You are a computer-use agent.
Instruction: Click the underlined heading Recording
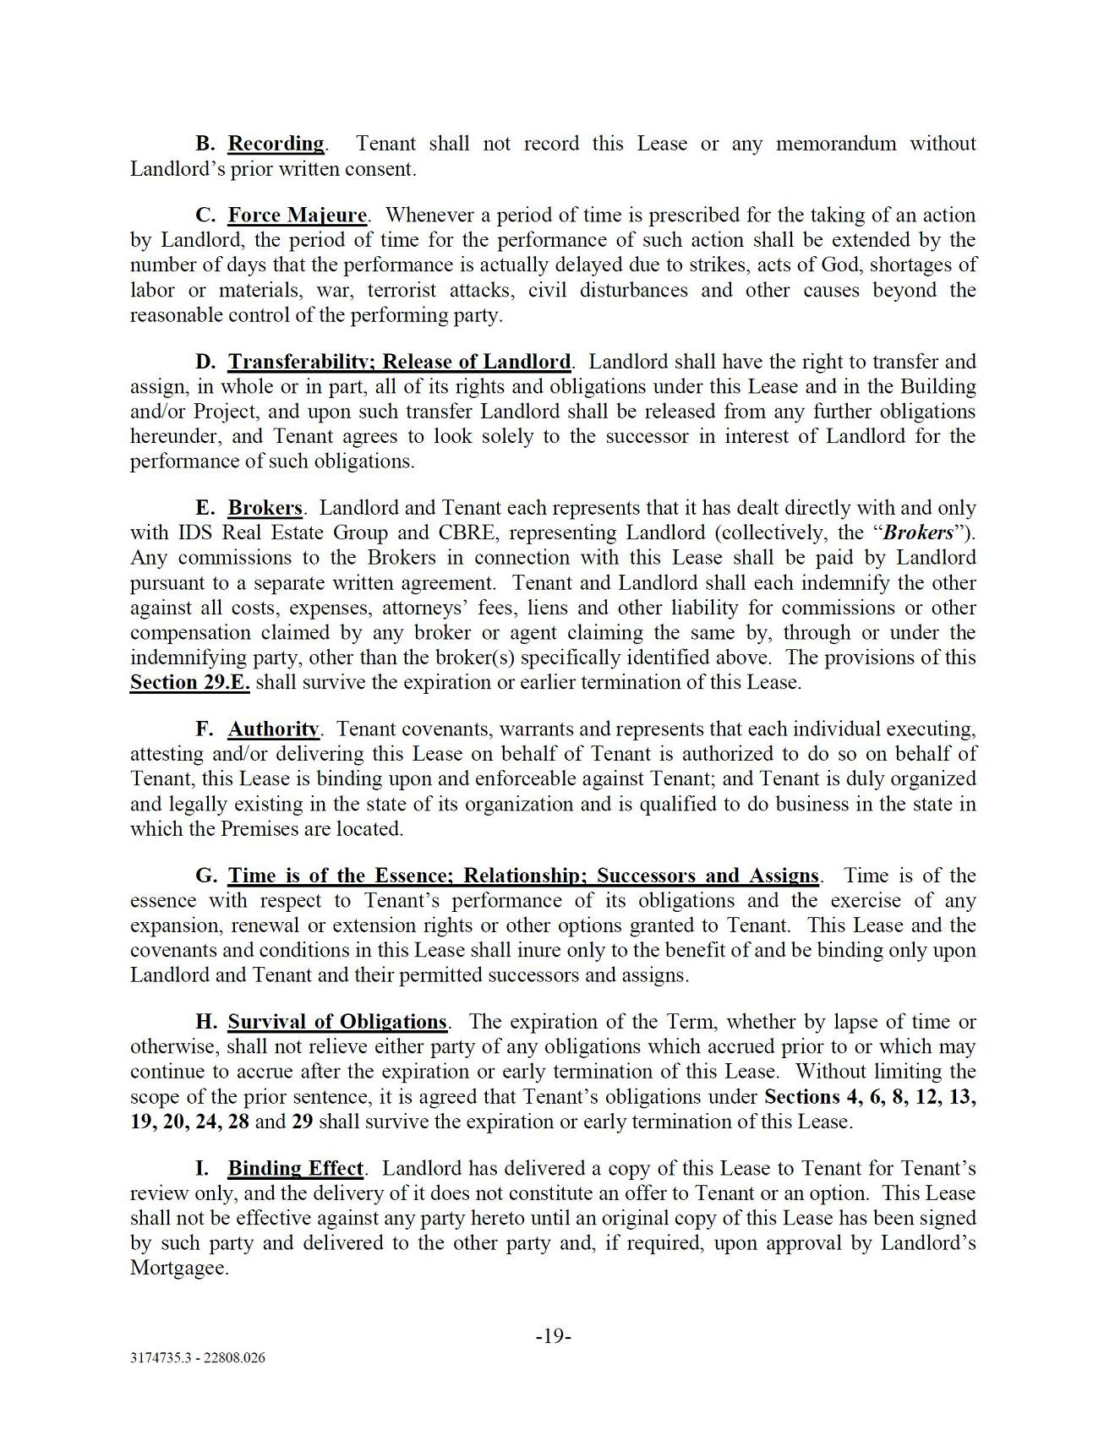click(x=276, y=144)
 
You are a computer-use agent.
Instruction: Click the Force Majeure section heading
click(x=298, y=216)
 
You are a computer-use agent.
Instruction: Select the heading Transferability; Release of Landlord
click(x=399, y=363)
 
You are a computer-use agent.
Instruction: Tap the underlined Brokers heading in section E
click(x=265, y=509)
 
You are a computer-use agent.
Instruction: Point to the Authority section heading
click(x=273, y=729)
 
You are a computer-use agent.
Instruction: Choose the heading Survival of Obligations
click(x=337, y=1022)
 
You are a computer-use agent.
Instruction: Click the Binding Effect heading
click(x=295, y=1169)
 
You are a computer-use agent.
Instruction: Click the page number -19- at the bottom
click(x=554, y=1337)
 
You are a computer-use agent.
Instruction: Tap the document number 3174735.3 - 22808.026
click(x=198, y=1358)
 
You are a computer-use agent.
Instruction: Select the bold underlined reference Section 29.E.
click(x=190, y=683)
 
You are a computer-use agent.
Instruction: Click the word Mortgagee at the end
click(x=179, y=1269)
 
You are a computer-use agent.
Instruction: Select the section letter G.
click(x=206, y=876)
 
